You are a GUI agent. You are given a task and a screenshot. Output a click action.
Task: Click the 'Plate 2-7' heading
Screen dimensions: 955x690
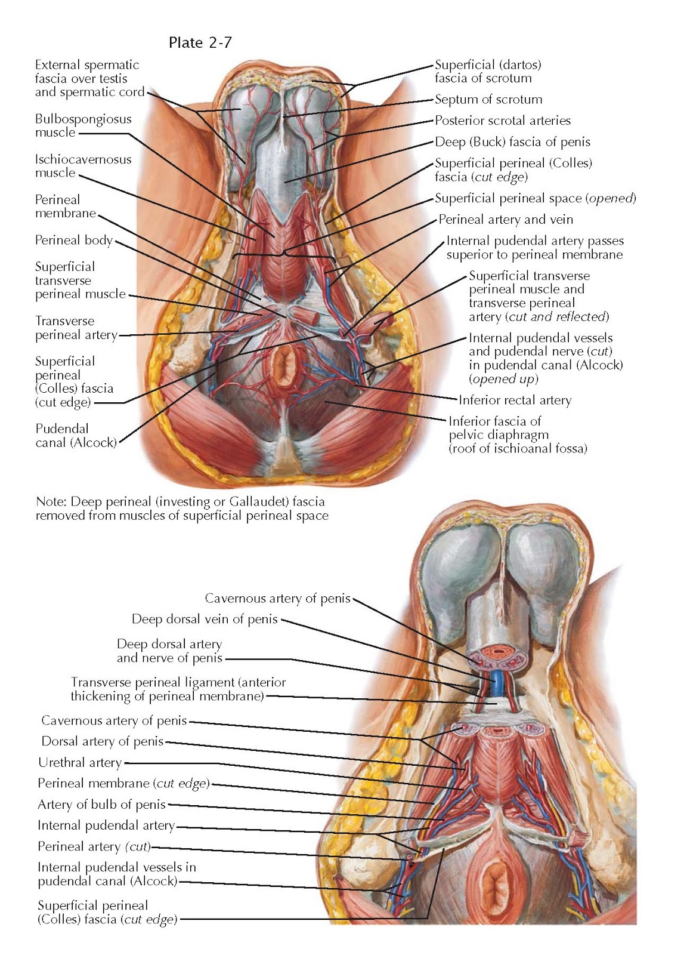coord(200,42)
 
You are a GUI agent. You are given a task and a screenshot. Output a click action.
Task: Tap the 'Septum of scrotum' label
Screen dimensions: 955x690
coord(488,100)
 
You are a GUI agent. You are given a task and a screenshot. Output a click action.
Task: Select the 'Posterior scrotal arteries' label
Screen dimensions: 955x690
coord(502,121)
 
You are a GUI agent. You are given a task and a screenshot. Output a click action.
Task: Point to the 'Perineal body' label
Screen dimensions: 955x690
coord(73,241)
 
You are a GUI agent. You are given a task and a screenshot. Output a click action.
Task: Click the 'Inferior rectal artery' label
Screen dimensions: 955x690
coord(515,401)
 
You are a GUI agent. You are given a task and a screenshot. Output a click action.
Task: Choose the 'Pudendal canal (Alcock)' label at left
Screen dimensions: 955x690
coord(76,436)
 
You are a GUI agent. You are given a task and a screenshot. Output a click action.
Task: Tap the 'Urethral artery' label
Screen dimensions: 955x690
coord(80,763)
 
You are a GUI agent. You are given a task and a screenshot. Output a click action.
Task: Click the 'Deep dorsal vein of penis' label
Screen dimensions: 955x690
coord(205,620)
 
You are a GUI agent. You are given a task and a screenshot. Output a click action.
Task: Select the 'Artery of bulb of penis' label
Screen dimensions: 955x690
coord(101,805)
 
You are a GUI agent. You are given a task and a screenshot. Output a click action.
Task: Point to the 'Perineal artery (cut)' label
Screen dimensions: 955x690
coord(94,847)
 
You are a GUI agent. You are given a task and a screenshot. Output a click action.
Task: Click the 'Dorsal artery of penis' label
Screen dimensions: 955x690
coord(102,742)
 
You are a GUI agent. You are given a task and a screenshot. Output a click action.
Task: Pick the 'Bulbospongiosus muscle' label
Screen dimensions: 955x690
coord(83,125)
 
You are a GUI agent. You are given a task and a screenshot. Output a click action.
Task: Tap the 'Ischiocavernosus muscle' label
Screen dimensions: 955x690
coord(83,166)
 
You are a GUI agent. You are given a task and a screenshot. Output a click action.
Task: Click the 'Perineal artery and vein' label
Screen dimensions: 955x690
coord(506,220)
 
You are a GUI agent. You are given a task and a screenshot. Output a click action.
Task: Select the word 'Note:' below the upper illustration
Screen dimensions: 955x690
coord(49,502)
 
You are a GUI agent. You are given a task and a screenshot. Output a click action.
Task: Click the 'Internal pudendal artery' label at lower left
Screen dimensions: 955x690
coord(106,826)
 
